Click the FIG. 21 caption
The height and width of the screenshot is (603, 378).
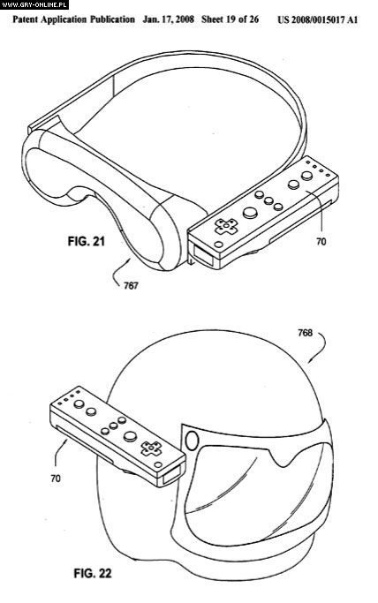[x=87, y=242]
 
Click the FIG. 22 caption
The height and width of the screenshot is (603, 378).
[x=92, y=573]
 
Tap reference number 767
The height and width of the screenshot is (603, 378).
[x=131, y=286]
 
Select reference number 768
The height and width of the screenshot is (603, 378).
[x=305, y=333]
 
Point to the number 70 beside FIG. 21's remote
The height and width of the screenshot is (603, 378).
[x=321, y=242]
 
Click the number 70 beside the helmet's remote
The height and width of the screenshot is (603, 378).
[x=56, y=479]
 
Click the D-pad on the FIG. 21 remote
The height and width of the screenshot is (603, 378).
[x=226, y=226]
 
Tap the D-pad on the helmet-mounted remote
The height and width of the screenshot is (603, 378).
[x=151, y=448]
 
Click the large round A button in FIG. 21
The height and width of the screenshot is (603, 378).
[x=250, y=212]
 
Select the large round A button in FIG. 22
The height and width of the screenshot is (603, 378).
[x=130, y=436]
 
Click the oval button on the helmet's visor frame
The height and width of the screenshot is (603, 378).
[x=192, y=440]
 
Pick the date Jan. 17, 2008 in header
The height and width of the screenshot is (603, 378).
[x=168, y=19]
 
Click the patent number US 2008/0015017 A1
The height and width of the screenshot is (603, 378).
[x=318, y=19]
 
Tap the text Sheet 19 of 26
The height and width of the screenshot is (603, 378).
[x=230, y=19]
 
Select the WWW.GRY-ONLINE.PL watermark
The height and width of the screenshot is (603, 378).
[x=34, y=4]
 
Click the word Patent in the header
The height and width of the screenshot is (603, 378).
[x=25, y=19]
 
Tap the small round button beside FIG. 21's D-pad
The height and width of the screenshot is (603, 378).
[x=218, y=245]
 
